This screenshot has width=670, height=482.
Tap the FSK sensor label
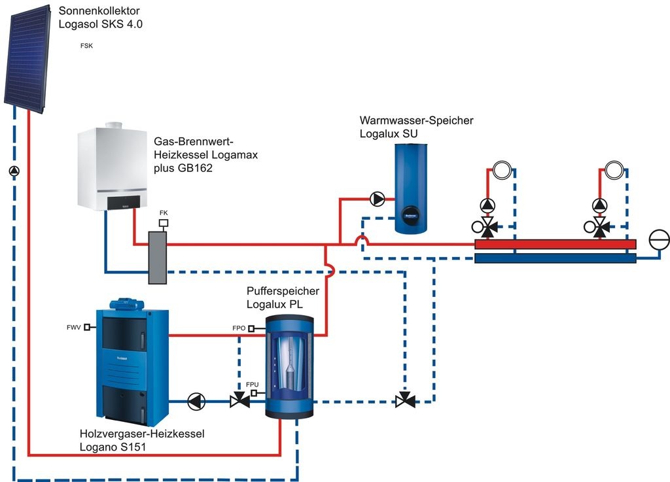tap(86, 46)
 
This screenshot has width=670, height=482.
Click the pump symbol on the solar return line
tap(14, 171)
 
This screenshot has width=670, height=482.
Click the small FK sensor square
tap(164, 223)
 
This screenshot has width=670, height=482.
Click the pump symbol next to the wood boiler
tap(196, 401)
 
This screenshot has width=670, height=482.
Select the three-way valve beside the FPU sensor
tap(239, 401)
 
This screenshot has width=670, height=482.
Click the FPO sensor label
tap(238, 328)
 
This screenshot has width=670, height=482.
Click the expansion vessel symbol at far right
tap(658, 240)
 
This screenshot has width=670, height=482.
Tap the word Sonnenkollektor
tap(99, 11)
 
